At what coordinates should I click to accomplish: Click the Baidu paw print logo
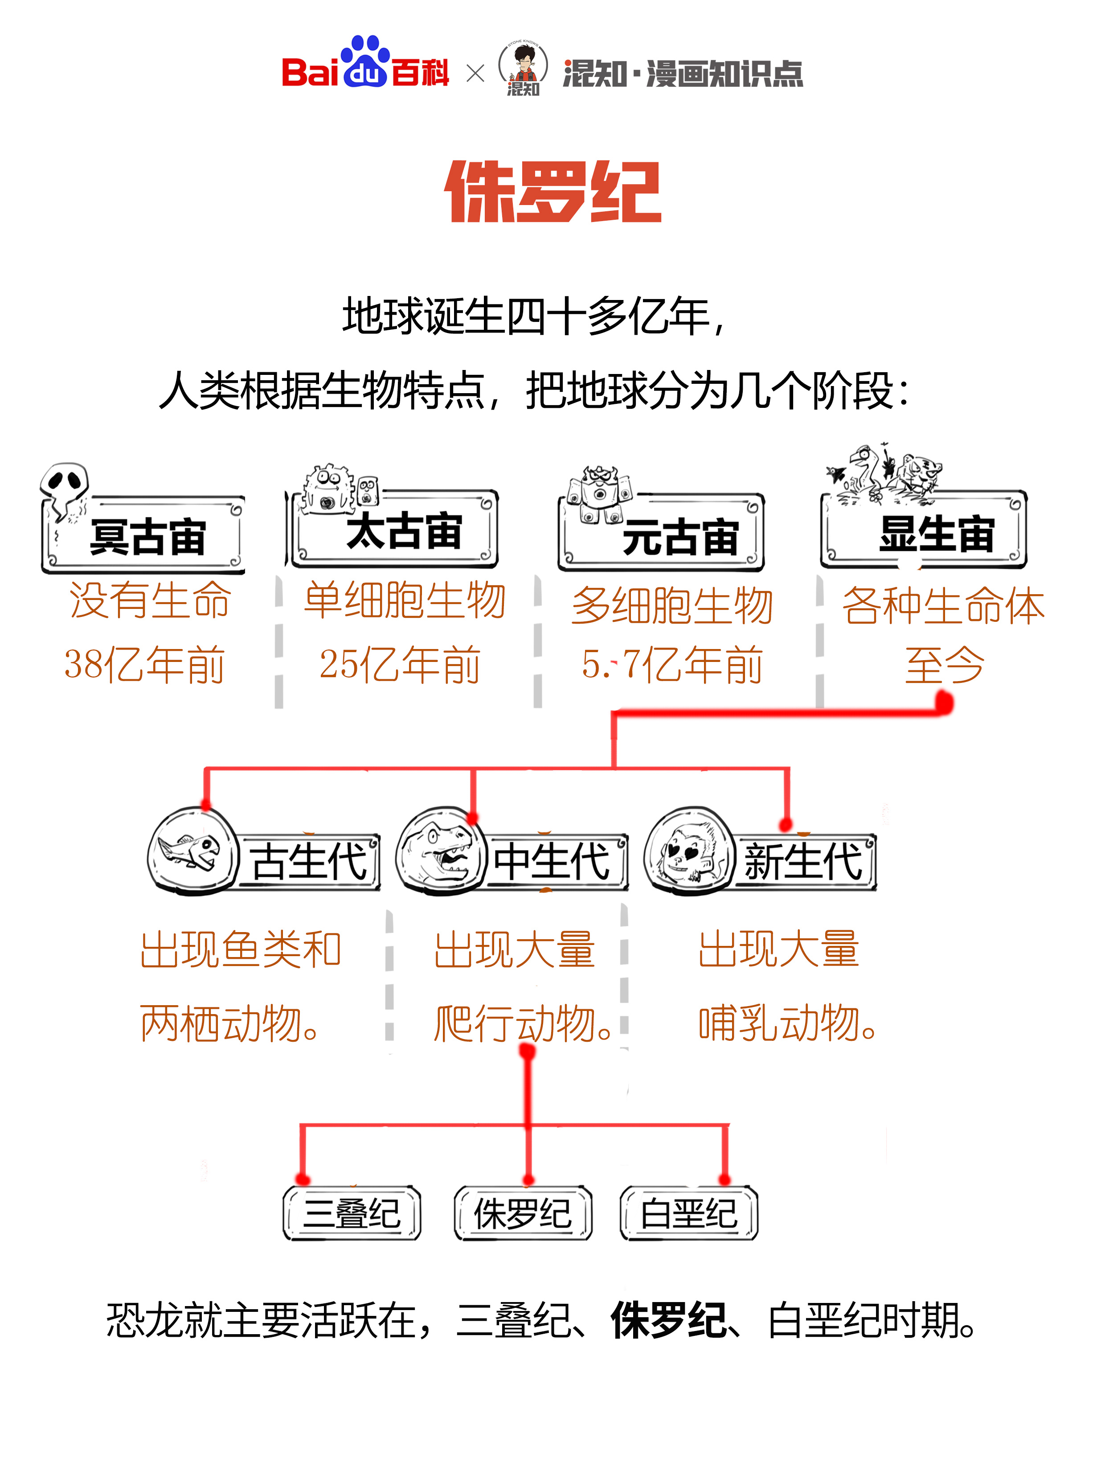click(x=364, y=61)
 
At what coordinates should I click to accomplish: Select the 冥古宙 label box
click(x=145, y=536)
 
